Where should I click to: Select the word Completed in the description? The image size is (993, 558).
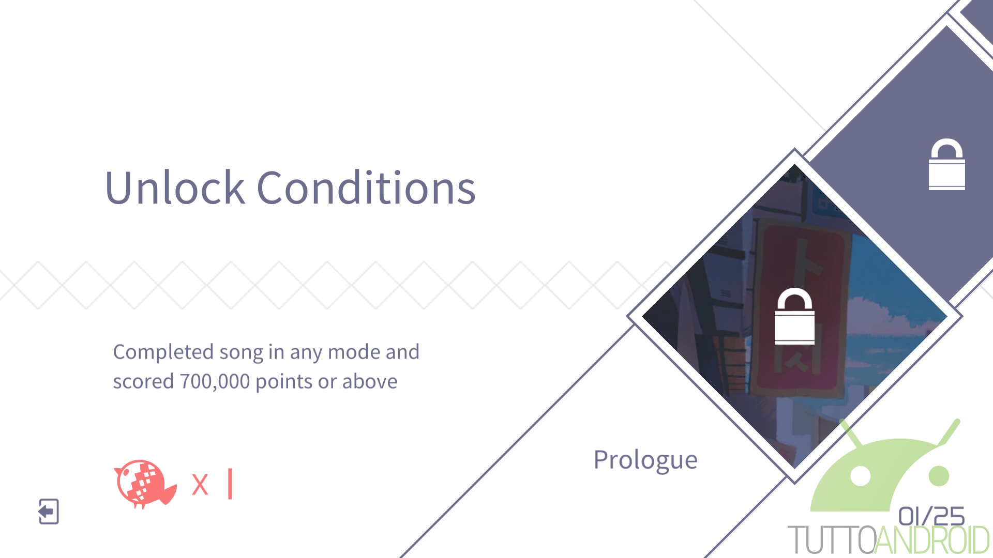click(163, 353)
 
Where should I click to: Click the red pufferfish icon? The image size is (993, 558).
click(145, 484)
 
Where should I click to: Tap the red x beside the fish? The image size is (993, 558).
click(200, 485)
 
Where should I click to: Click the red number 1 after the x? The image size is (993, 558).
click(230, 484)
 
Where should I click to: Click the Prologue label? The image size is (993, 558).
click(645, 460)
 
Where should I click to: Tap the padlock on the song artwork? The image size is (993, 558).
click(794, 316)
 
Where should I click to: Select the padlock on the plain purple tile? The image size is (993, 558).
click(946, 164)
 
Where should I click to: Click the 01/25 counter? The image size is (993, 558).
click(931, 516)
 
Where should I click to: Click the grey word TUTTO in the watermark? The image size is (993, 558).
click(832, 540)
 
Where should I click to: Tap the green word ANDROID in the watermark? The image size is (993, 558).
click(932, 540)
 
